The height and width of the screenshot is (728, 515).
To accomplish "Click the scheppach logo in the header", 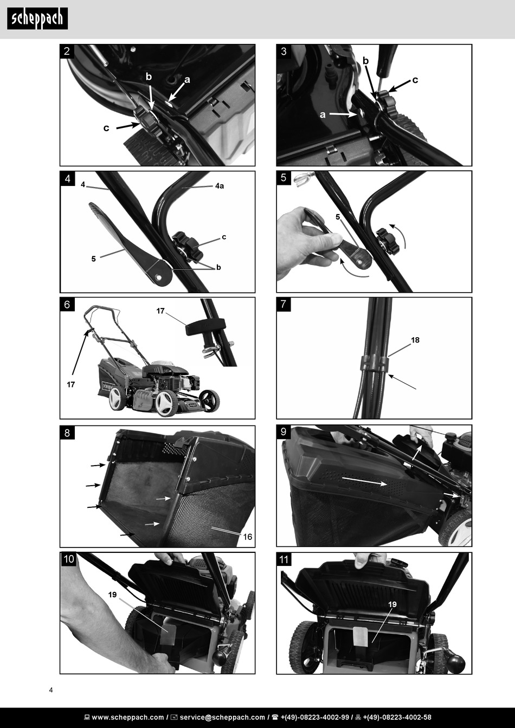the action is [37, 19].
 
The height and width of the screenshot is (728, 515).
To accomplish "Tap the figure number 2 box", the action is [67, 51].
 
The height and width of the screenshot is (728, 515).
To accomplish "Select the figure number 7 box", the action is [284, 304].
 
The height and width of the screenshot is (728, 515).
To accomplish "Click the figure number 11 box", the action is [284, 559].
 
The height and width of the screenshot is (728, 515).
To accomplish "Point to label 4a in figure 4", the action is [220, 186].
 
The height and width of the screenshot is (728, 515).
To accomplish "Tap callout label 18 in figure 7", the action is [415, 340].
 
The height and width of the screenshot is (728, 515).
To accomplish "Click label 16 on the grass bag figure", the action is [248, 537].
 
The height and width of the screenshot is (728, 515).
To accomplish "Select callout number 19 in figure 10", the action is [112, 595].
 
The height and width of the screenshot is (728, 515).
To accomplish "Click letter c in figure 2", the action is [106, 128].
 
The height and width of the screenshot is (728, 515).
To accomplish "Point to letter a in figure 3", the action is [323, 115].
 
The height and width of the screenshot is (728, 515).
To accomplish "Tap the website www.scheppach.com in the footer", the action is [128, 717].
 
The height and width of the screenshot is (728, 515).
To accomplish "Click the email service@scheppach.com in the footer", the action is [222, 717].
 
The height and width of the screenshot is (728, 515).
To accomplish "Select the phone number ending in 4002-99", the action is [315, 717].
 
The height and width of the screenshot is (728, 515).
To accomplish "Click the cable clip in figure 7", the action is [375, 364].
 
